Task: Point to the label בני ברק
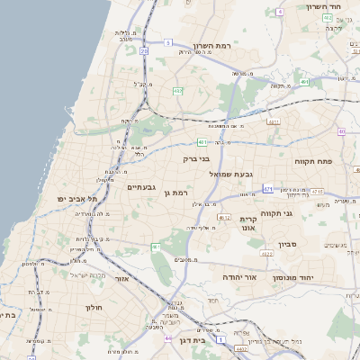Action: (x=195, y=159)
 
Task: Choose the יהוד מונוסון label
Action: (x=317, y=278)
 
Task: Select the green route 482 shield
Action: (x=178, y=91)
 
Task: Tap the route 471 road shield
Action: (x=267, y=189)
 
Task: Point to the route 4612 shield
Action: (x=224, y=217)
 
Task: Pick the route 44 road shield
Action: (x=168, y=338)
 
